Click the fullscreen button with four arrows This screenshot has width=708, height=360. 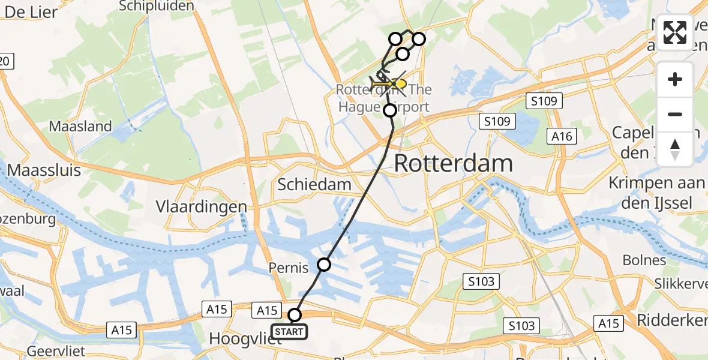click(675, 32)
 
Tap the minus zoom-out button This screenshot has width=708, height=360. click(675, 114)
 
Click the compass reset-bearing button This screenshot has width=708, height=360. click(675, 149)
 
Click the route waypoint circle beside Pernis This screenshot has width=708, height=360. click(324, 264)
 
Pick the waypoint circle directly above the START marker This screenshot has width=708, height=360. click(295, 315)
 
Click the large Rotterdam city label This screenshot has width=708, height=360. click(454, 163)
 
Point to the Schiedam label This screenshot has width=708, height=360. click(314, 184)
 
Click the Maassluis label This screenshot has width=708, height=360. click(44, 170)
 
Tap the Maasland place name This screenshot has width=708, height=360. click(80, 126)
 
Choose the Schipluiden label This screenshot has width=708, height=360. click(157, 6)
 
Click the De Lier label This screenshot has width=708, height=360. click(31, 11)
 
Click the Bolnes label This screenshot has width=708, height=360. click(644, 260)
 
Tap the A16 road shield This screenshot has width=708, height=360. click(562, 137)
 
